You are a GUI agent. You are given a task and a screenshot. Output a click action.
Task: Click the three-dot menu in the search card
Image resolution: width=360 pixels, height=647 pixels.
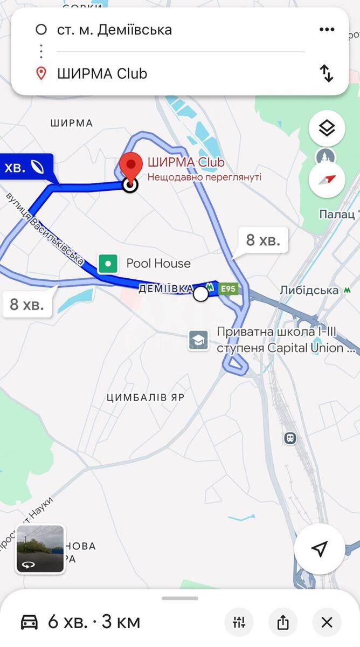click(327, 30)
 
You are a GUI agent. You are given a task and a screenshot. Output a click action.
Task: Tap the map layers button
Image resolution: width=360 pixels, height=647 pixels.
click(327, 128)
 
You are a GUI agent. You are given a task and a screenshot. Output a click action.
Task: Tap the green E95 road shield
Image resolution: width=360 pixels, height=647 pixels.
click(229, 290)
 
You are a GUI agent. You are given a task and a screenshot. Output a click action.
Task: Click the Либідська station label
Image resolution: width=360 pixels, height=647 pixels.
click(309, 291)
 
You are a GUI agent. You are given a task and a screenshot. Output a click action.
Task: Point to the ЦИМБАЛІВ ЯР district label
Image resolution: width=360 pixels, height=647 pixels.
click(146, 398)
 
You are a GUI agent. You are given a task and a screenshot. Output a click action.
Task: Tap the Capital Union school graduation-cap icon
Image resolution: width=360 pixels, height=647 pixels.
click(198, 340)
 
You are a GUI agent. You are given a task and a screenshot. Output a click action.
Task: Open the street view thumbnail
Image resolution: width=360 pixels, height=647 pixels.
click(40, 548)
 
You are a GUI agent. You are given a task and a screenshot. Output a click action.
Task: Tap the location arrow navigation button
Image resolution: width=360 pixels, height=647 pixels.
click(320, 549)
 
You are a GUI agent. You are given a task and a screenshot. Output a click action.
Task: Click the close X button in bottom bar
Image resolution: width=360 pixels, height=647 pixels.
click(327, 622)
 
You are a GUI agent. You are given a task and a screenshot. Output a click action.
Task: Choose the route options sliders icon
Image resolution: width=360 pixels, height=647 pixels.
click(239, 622)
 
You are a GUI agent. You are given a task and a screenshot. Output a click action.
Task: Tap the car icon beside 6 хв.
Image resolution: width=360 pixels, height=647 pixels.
click(30, 622)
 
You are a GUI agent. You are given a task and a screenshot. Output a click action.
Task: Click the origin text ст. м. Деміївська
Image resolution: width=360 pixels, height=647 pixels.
click(114, 30)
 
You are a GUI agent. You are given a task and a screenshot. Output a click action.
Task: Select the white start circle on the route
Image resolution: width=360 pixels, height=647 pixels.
click(200, 294)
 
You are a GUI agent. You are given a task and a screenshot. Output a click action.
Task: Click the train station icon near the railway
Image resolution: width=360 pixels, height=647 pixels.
click(290, 438)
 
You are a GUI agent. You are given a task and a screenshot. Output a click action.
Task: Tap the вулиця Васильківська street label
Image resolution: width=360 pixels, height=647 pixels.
click(46, 229)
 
